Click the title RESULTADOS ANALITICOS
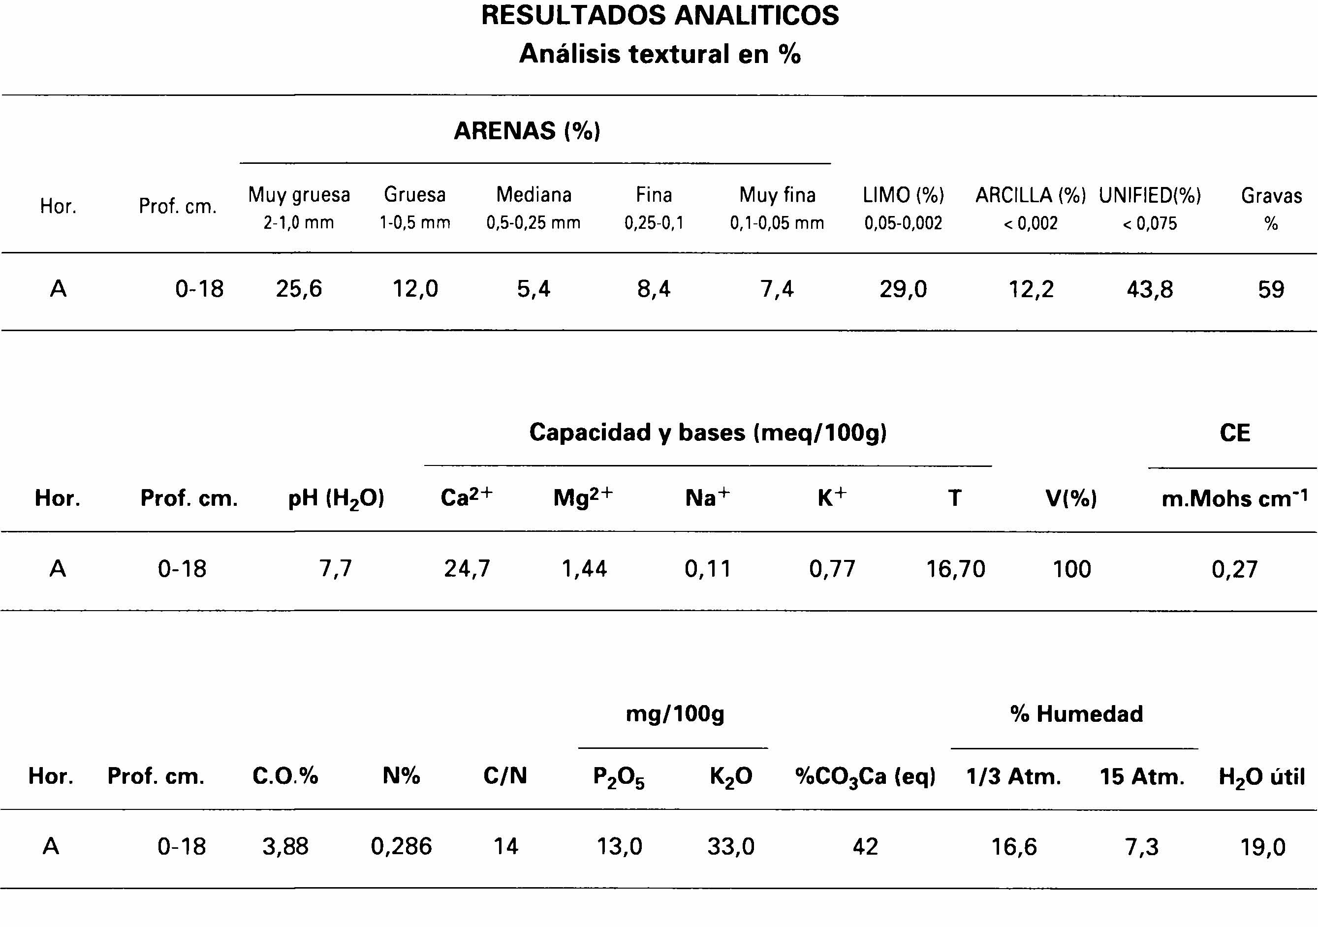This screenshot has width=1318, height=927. click(659, 15)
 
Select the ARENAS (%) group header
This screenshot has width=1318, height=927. click(527, 131)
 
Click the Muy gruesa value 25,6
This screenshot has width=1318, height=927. click(299, 289)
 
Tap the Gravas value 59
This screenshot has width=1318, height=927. click(1271, 289)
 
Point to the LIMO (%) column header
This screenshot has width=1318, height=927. click(903, 196)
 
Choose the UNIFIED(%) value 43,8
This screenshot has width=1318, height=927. click(1150, 289)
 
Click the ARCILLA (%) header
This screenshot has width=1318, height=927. click(1031, 196)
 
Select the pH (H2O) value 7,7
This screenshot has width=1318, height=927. click(335, 569)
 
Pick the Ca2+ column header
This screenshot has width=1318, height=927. click(466, 497)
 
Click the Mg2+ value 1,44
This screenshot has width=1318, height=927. click(584, 569)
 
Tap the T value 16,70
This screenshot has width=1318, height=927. click(955, 569)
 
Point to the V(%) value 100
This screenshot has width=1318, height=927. click(1071, 569)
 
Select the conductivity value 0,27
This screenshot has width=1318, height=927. click(1235, 569)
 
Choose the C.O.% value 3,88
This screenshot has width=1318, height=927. click(285, 847)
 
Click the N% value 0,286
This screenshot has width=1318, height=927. click(401, 847)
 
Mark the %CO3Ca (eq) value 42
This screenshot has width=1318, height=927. click(865, 847)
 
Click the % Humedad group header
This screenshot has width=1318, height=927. click(1076, 714)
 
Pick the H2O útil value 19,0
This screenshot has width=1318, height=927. click(1263, 847)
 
